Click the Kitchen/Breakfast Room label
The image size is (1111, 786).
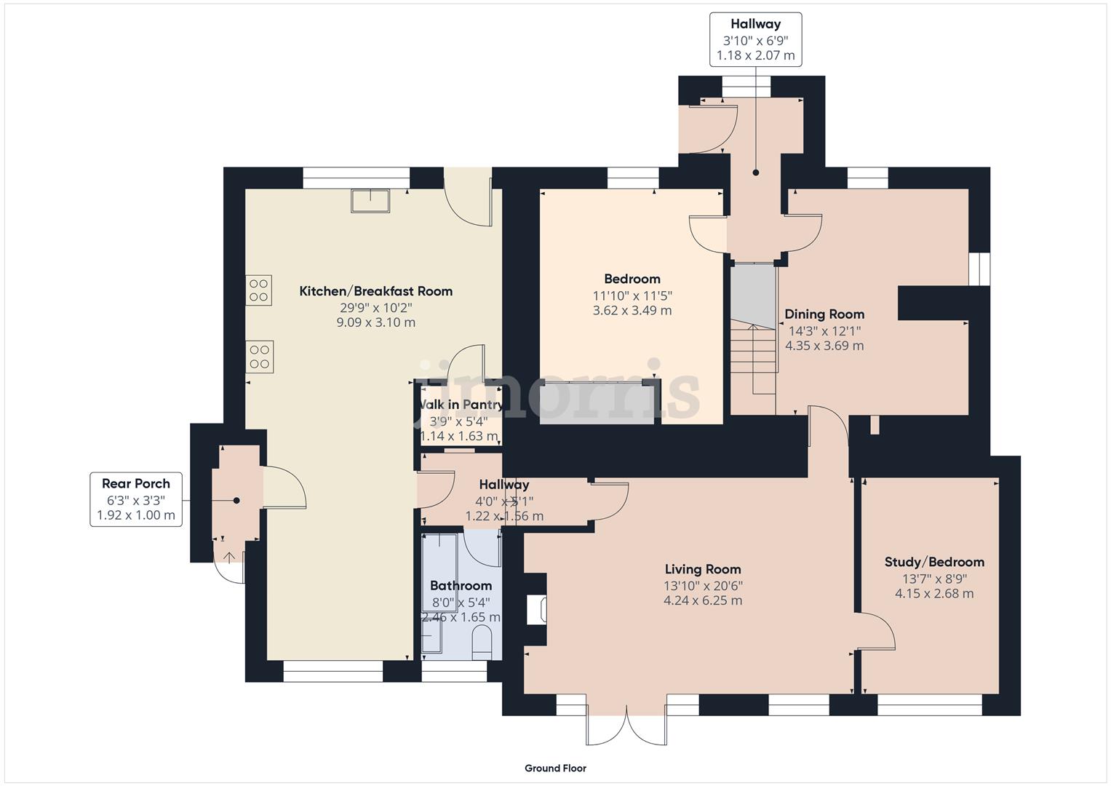375,291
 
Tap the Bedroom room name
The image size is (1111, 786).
632,279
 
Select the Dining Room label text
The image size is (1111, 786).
824,314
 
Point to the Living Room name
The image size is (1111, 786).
702,569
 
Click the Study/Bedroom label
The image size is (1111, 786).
934,562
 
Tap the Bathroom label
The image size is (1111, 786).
461,585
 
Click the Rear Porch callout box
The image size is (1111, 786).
136,499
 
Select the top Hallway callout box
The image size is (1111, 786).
755,39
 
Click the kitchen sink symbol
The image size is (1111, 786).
370,200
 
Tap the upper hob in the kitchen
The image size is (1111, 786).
258,290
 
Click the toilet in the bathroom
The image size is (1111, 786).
482,644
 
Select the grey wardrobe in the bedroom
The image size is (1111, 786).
597,404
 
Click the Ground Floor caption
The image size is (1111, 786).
555,768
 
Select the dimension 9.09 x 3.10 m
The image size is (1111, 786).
375,322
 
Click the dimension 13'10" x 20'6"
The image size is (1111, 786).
703,585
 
